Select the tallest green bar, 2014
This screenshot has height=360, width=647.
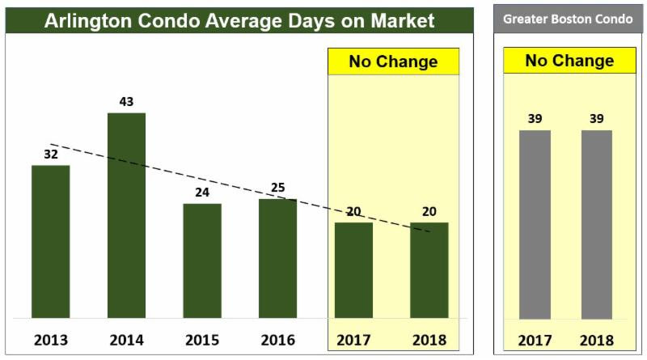click(x=126, y=215)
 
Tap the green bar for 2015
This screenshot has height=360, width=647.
click(x=201, y=260)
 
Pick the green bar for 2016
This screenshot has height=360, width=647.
click(x=277, y=258)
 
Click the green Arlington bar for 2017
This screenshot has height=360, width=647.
click(x=353, y=270)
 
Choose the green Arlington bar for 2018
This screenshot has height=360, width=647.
click(x=429, y=270)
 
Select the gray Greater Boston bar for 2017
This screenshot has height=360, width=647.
click(x=535, y=224)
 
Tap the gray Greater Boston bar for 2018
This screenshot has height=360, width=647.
click(x=597, y=224)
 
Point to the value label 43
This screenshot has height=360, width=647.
click(x=126, y=102)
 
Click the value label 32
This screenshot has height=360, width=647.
click(x=50, y=154)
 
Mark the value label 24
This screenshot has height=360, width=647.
click(x=201, y=193)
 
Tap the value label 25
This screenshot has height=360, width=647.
click(x=277, y=188)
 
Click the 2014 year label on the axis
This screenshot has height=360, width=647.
click(x=126, y=339)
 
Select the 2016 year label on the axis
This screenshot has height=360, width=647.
click(x=277, y=339)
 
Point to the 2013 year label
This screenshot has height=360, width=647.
click(x=50, y=339)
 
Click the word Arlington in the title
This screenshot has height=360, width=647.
click(x=89, y=19)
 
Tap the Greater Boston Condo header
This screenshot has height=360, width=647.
click(x=568, y=19)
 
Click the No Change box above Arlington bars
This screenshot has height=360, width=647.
click(x=393, y=61)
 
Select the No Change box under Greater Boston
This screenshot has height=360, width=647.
click(x=569, y=61)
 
